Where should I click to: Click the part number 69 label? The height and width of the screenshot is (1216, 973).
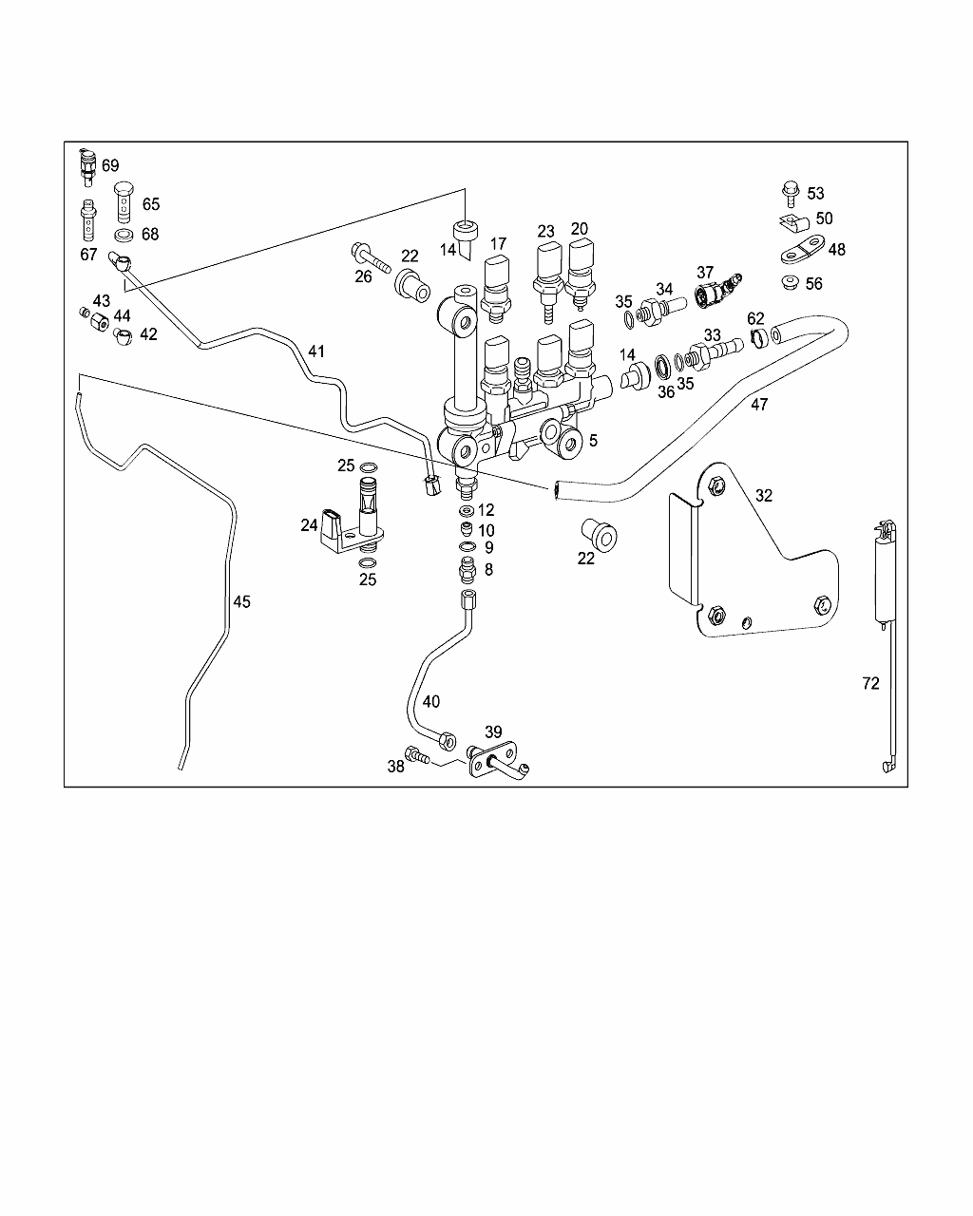[x=110, y=165]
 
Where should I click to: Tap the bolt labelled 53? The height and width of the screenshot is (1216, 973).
[x=791, y=194]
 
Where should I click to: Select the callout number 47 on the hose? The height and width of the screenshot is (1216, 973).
[x=759, y=404]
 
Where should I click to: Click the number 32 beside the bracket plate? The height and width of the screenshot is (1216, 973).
[x=764, y=496]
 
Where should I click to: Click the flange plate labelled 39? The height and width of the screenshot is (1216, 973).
[x=493, y=759]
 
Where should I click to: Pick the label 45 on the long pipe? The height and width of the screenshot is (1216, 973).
[x=241, y=601]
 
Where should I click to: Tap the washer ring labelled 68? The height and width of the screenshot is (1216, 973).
[x=124, y=235]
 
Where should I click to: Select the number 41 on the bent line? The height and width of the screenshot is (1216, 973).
[x=316, y=351]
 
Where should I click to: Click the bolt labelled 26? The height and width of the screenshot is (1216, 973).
[x=372, y=257]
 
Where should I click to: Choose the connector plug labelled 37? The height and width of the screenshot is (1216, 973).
[x=717, y=291]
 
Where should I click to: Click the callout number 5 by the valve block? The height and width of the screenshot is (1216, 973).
[x=593, y=440]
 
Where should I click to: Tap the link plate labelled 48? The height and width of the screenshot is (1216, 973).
[x=804, y=250]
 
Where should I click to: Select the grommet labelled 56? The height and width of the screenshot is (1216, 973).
[x=791, y=282]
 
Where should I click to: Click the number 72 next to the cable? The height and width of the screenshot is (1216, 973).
[x=870, y=684]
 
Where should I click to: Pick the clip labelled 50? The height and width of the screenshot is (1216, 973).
[x=794, y=222]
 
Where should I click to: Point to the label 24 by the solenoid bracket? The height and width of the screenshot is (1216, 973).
[x=309, y=525]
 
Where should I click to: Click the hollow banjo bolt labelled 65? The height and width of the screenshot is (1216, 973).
[x=124, y=202]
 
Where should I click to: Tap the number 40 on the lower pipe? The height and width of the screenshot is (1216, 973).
[x=430, y=702]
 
